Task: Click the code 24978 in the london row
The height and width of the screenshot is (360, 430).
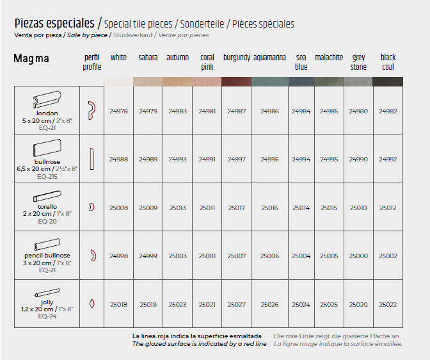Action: (x=118, y=111)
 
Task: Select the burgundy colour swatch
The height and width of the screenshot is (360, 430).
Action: (x=237, y=81)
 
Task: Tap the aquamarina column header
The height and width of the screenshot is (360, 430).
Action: (x=269, y=58)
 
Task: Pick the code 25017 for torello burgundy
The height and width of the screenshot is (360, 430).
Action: (x=237, y=208)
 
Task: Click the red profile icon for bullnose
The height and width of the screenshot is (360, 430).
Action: (x=92, y=159)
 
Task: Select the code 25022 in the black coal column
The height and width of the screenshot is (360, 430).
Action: (x=388, y=305)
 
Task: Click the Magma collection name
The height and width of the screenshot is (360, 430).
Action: (x=31, y=59)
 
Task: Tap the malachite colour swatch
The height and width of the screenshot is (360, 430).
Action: (x=329, y=81)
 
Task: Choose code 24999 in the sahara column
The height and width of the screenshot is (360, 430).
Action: (x=148, y=256)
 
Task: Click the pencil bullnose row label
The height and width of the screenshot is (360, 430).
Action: (x=47, y=256)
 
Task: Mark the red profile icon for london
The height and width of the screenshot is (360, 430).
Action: (x=92, y=110)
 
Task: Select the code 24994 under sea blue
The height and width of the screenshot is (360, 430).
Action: (x=301, y=160)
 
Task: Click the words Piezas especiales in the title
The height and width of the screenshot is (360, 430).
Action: (x=54, y=24)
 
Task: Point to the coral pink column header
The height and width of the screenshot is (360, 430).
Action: (x=207, y=61)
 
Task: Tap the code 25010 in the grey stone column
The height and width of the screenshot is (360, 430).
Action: (x=358, y=208)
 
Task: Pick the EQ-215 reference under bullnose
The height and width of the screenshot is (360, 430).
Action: (x=47, y=176)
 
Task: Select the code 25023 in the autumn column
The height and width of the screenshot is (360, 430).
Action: (x=177, y=305)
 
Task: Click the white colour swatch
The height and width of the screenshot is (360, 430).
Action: (x=118, y=81)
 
